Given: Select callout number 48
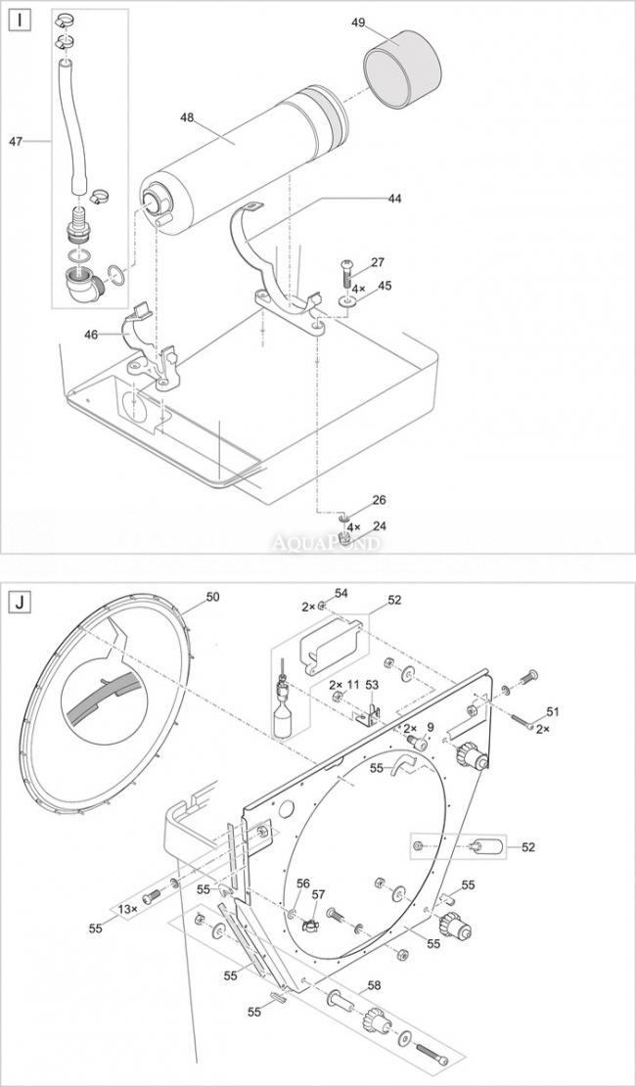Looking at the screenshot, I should (x=187, y=117).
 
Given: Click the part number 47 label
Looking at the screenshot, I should (x=16, y=141).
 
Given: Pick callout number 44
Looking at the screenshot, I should (x=394, y=199).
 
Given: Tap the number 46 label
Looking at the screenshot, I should (x=91, y=335).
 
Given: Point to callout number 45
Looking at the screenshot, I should (x=385, y=287).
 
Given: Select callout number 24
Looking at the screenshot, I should (x=380, y=526).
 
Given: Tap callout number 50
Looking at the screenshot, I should (x=212, y=595).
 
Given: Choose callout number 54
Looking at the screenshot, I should (x=341, y=594).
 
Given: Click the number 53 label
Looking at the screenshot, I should (x=372, y=684).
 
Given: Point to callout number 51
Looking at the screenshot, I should (x=553, y=711).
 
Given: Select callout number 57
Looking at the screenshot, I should (x=318, y=895).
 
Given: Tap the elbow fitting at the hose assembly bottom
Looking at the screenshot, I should (x=81, y=286).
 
